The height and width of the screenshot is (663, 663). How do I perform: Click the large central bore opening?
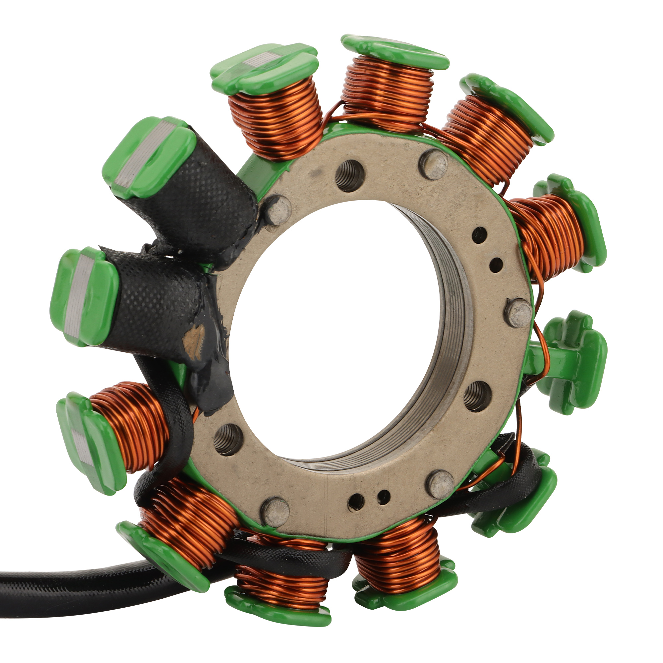click(336, 330)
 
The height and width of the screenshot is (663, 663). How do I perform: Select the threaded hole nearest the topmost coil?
click(349, 176)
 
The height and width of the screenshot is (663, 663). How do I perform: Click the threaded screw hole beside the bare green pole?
click(477, 396)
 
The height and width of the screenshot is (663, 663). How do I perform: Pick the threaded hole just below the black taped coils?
click(228, 440)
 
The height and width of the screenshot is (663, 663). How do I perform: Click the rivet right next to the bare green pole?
click(519, 313)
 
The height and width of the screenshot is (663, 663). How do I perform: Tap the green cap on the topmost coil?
click(394, 51)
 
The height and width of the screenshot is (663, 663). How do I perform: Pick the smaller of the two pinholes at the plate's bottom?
click(383, 497)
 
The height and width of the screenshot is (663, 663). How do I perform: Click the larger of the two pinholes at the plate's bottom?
click(356, 502)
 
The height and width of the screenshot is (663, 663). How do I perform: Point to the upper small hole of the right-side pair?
click(479, 235)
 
